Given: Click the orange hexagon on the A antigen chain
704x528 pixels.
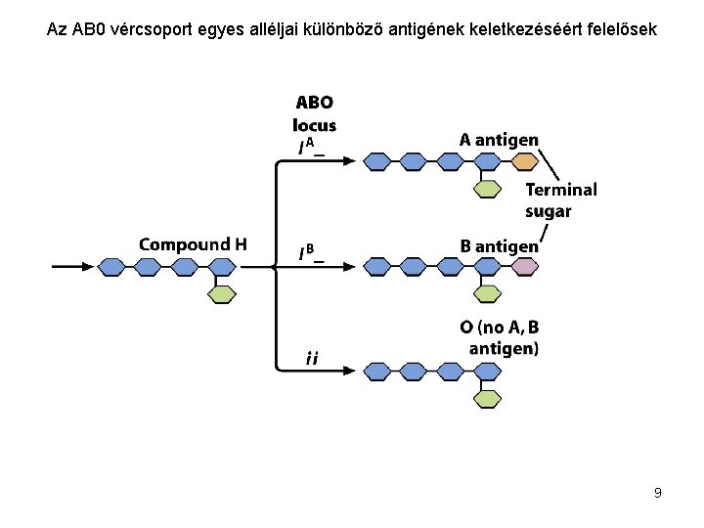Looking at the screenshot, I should click(525, 161).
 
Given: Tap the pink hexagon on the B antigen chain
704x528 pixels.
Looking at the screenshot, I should click(525, 266).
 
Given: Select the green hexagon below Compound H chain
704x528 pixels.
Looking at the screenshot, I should click(222, 294).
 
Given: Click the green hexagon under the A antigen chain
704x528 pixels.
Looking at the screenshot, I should click(487, 190).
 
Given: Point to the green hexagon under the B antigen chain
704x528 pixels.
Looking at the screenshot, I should click(487, 294).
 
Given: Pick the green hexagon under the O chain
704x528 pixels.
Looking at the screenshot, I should click(487, 398).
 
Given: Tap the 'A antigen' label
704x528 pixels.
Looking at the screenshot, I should click(499, 140).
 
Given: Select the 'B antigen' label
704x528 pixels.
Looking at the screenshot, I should click(500, 245).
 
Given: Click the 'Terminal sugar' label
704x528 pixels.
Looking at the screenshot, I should click(561, 200).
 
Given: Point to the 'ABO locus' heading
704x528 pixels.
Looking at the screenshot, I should click(314, 113).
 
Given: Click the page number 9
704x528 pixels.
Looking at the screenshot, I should click(658, 493).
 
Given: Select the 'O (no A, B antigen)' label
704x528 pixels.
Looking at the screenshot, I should click(499, 337).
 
